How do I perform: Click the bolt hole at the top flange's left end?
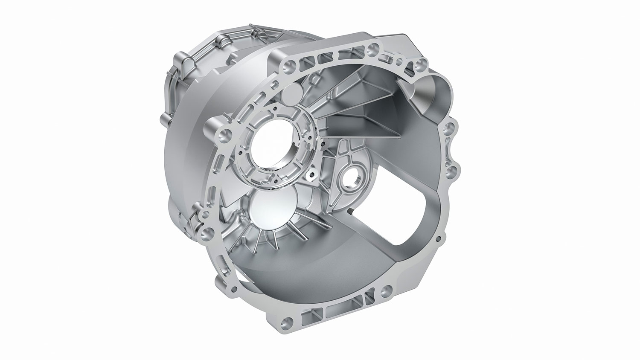coord(291,66)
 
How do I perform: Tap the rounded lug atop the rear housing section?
coord(222,41)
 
